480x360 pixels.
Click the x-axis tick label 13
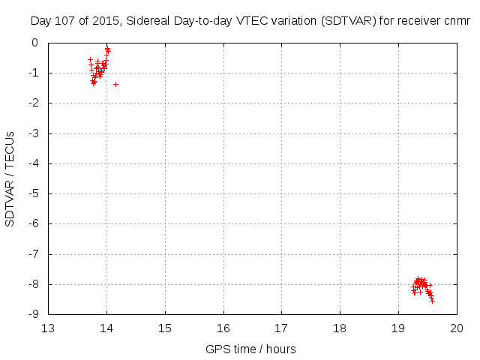48,328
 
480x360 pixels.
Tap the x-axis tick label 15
165,328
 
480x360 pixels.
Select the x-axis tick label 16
223,328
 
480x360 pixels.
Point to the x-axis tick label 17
281,328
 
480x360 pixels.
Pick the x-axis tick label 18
340,328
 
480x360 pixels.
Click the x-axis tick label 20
457,328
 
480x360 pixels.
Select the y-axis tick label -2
33,103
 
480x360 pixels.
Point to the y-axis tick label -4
33,163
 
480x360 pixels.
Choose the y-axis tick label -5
33,193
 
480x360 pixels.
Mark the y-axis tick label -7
33,254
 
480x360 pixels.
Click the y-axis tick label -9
33,314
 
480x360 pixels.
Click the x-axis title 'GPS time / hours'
251,349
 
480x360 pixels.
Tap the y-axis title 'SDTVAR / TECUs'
10,178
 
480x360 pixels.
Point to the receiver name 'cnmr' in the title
457,21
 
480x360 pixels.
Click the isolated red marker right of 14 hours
115,84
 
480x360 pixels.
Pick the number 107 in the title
62,21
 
